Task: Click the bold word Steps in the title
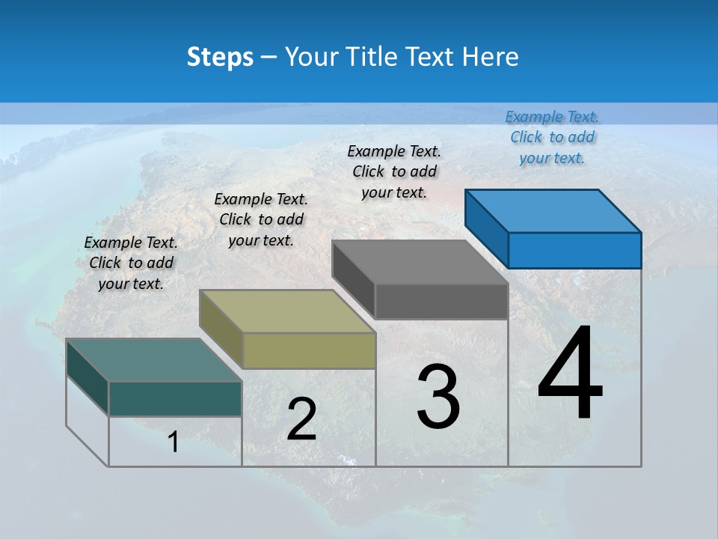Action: tap(220, 57)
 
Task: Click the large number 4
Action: tap(570, 374)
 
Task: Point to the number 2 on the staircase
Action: tap(301, 419)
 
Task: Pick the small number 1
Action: tap(173, 442)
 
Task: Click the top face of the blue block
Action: tap(553, 210)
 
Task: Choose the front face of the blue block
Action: tap(574, 250)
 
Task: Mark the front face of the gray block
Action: tap(441, 302)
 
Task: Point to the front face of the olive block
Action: tap(309, 350)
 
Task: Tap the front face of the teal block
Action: tap(175, 398)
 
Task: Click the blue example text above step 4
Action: tap(552, 137)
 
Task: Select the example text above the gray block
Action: tap(394, 171)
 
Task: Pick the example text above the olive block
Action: tap(261, 219)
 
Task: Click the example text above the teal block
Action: tap(131, 263)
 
